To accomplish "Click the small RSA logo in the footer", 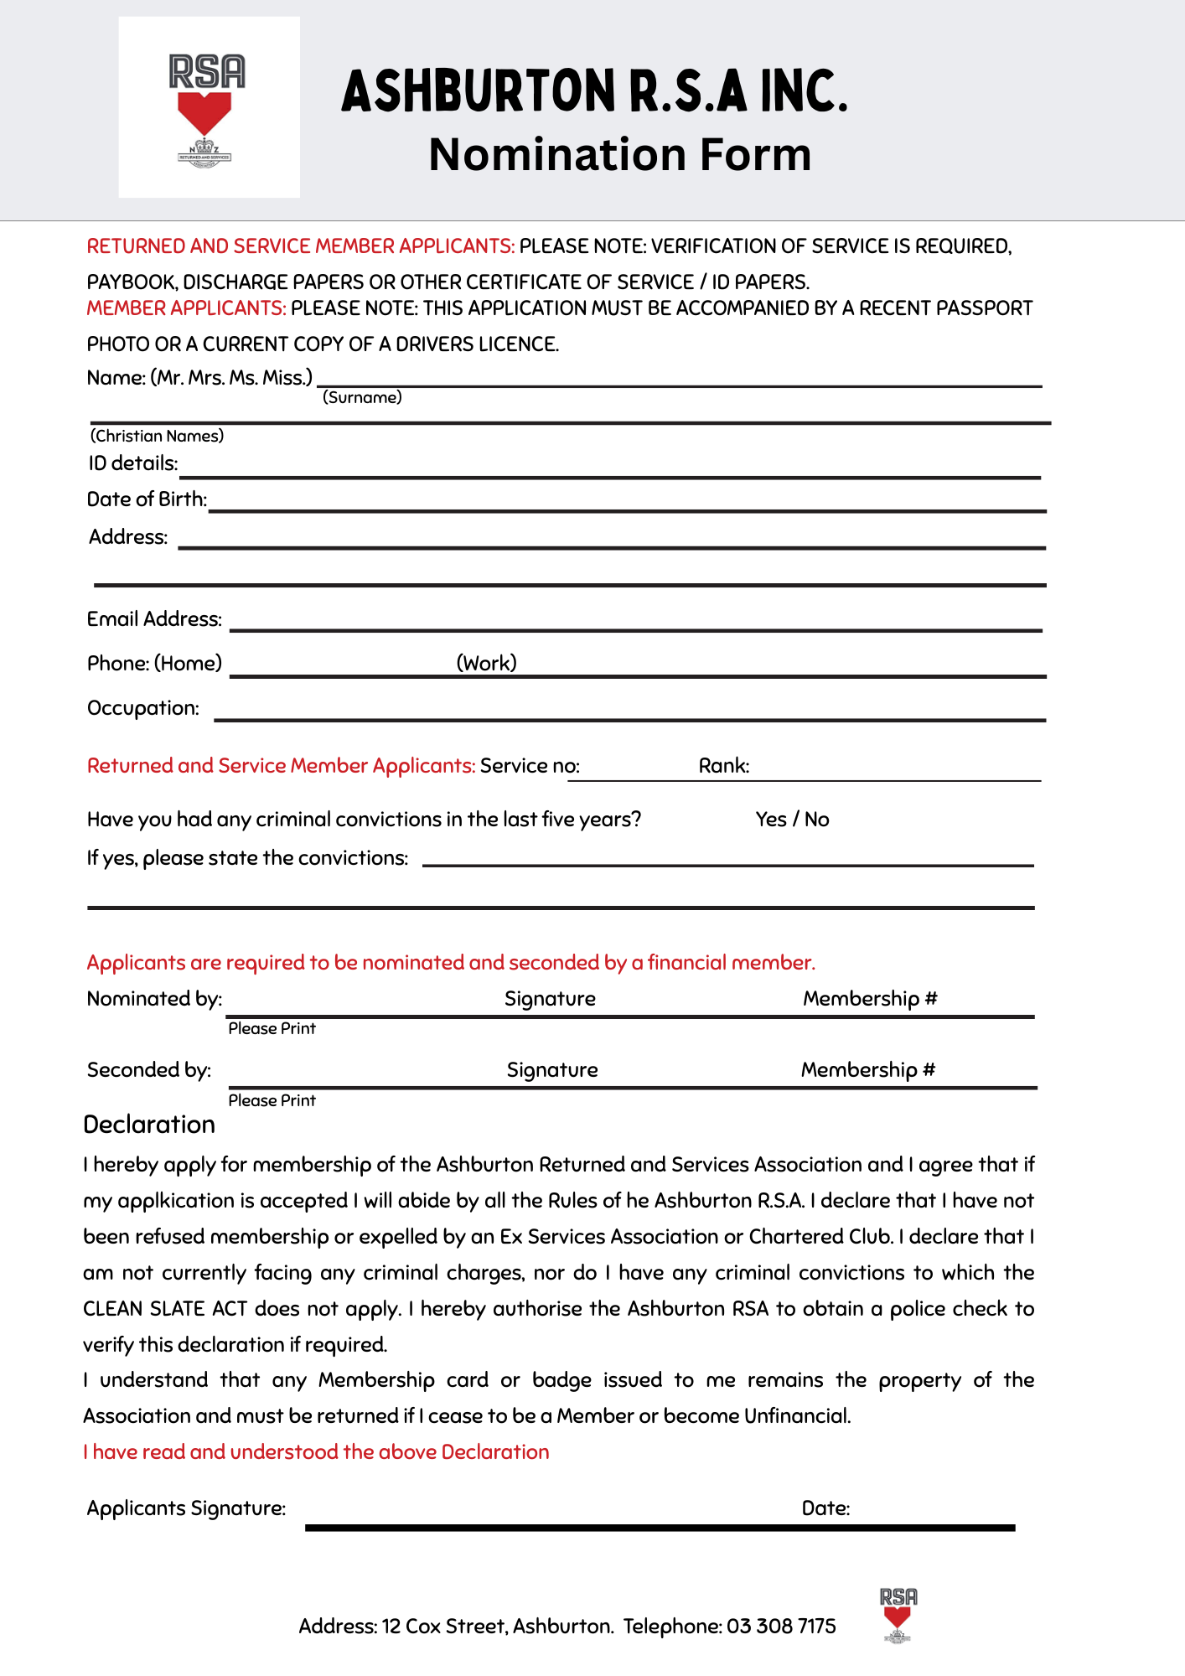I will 898,1614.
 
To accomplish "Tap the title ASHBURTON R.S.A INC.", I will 595,91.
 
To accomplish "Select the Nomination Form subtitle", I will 619,155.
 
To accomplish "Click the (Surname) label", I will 362,397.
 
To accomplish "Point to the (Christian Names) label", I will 157,436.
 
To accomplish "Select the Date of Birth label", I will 147,499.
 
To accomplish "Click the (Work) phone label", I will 486,663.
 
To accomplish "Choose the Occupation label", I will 143,708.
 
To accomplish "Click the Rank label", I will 724,766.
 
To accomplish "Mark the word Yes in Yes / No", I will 770,820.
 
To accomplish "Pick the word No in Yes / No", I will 817,820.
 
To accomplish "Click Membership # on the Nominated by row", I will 870,999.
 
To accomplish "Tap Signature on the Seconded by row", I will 552,1070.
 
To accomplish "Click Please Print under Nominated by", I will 272,1029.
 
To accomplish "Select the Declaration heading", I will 149,1125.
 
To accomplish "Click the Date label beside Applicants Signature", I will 825,1508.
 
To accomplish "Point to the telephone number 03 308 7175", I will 781,1627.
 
